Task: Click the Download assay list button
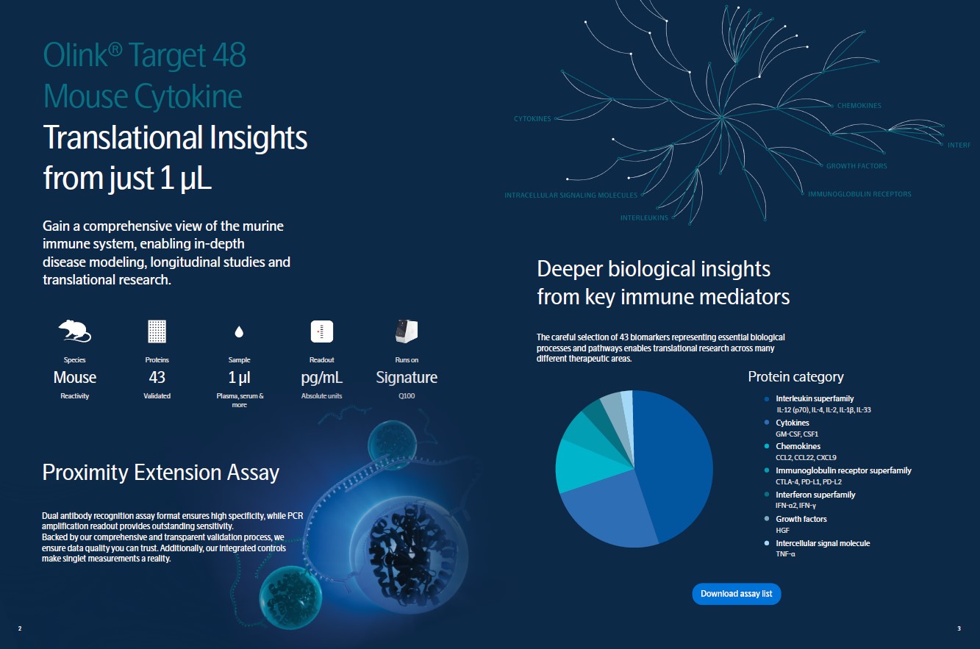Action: [x=737, y=594]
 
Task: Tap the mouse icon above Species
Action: [x=75, y=331]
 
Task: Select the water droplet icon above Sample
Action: [x=239, y=332]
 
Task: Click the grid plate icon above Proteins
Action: [x=157, y=331]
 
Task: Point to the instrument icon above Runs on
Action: [x=407, y=331]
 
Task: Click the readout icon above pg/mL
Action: [x=321, y=331]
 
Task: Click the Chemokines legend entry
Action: [x=798, y=446]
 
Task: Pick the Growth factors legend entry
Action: [x=801, y=519]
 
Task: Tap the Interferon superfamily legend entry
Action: [x=815, y=495]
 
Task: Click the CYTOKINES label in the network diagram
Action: [x=532, y=119]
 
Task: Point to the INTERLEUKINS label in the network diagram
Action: [x=644, y=218]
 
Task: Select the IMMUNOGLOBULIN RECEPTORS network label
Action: [x=859, y=194]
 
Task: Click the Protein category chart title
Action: [x=795, y=376]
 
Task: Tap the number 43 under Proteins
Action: [x=157, y=377]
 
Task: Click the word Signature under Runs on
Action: [x=407, y=377]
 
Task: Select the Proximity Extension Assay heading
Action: [x=160, y=473]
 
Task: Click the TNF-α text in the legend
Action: [x=785, y=554]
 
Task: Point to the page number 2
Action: [x=20, y=628]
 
